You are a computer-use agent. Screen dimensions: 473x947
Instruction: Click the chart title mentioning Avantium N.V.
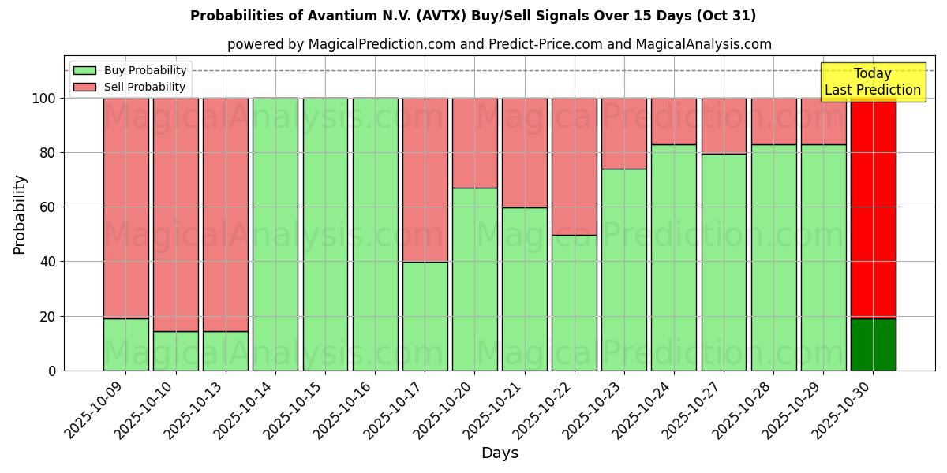pos(473,16)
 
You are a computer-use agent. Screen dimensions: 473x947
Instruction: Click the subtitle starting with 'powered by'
pos(499,45)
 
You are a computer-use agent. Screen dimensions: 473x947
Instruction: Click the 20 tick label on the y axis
pos(47,317)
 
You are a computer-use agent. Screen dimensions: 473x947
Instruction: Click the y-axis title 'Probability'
pos(20,214)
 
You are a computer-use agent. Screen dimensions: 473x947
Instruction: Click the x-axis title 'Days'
pos(500,453)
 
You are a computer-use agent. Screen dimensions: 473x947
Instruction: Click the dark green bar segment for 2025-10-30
pos(873,345)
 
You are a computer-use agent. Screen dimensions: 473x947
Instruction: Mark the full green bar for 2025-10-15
pos(325,234)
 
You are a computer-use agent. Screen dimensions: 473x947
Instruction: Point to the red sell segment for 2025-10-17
pos(425,180)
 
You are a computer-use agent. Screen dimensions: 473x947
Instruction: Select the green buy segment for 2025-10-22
pos(574,303)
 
